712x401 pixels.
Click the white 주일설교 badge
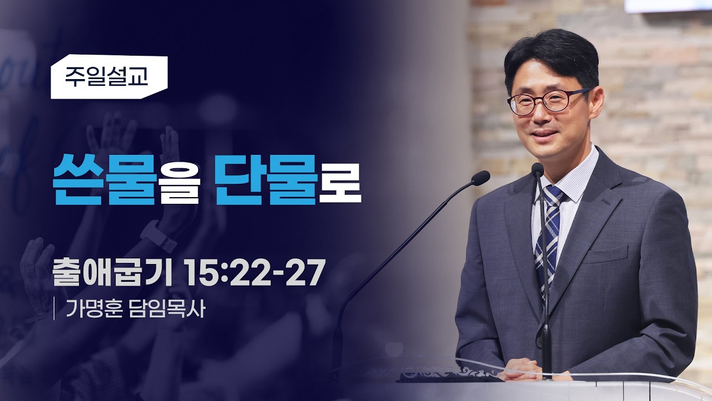click(109, 77)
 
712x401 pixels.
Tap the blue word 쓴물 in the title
click(104, 180)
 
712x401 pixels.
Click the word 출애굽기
click(112, 272)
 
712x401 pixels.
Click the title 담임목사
click(167, 308)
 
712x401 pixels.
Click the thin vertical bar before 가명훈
click(54, 309)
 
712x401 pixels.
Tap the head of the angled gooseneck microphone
click(480, 178)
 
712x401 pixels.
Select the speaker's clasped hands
click(525, 369)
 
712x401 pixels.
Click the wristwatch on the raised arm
click(158, 235)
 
